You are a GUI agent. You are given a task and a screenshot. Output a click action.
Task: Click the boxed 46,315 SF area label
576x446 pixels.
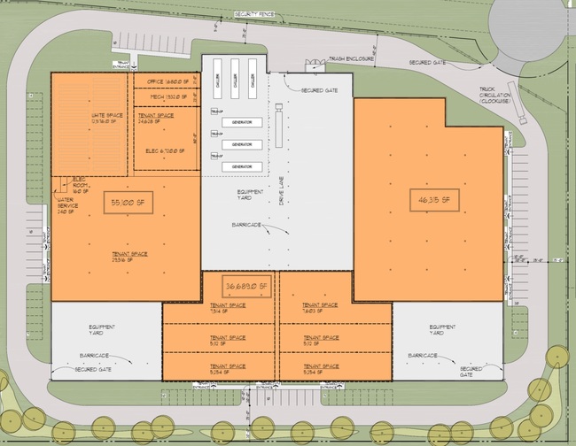pos(432,200)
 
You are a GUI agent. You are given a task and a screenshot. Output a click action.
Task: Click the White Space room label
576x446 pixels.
pos(106,119)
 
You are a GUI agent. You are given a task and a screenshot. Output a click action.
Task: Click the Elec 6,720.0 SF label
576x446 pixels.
pos(166,150)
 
